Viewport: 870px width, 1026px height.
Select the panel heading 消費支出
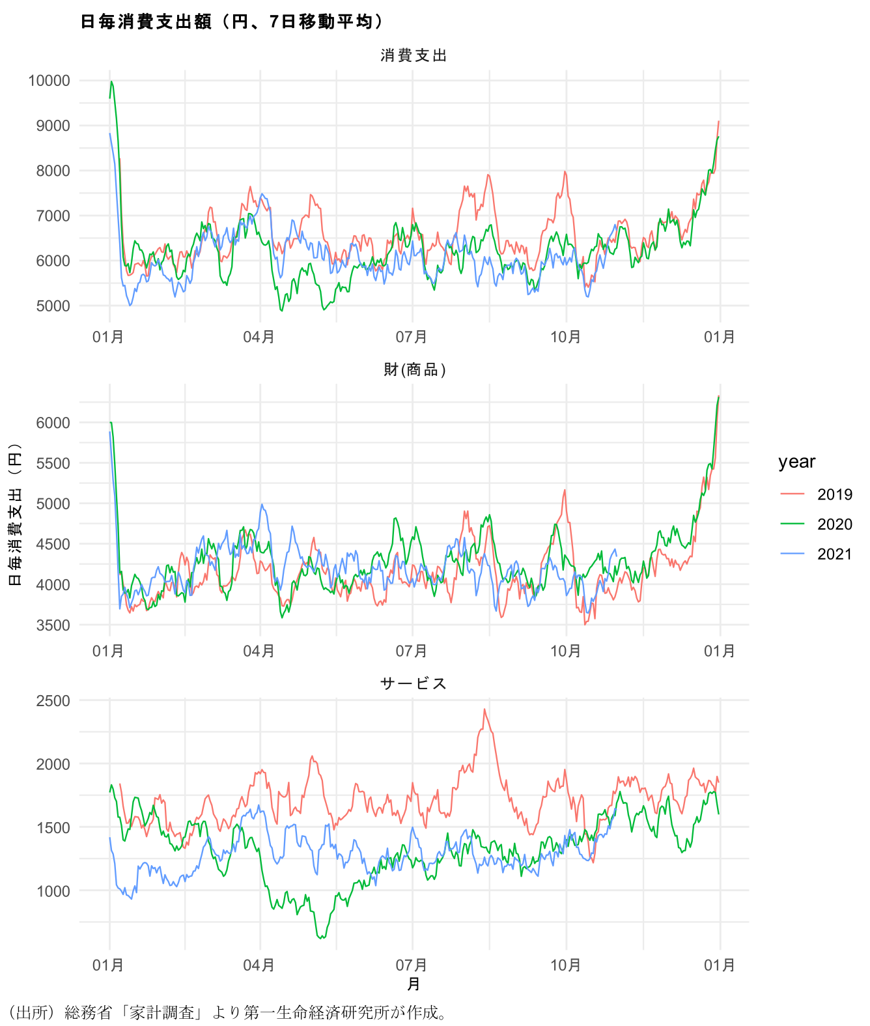pyautogui.click(x=414, y=56)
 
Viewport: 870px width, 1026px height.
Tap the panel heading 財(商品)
pyautogui.click(x=414, y=370)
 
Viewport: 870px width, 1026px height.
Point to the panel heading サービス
pyautogui.click(x=414, y=683)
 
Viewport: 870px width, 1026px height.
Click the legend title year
pyautogui.click(x=796, y=462)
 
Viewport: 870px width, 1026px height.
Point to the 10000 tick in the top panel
pyautogui.click(x=49, y=81)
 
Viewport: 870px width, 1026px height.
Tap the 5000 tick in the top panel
pyautogui.click(x=53, y=306)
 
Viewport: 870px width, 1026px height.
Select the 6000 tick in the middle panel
pyautogui.click(x=53, y=423)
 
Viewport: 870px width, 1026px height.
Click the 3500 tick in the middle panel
pyautogui.click(x=53, y=625)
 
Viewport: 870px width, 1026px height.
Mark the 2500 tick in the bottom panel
pyautogui.click(x=53, y=701)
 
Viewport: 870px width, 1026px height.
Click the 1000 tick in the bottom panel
pyautogui.click(x=53, y=891)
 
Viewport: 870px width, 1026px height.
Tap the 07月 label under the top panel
pyautogui.click(x=412, y=337)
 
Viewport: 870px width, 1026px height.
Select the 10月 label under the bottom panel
pyautogui.click(x=565, y=965)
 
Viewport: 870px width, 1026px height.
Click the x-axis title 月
pyautogui.click(x=414, y=984)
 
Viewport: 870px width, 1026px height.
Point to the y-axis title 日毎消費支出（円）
pyautogui.click(x=15, y=515)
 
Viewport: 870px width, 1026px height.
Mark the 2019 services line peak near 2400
pyautogui.click(x=484, y=709)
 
